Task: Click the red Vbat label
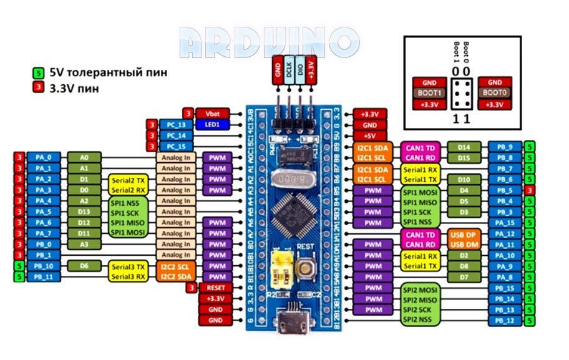(212, 114)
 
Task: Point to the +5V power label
(369, 135)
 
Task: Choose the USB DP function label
(464, 234)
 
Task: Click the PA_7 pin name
(43, 233)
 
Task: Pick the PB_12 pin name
(504, 320)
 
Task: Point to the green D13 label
(84, 212)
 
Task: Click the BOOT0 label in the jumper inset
(495, 93)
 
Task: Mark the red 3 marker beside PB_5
(530, 190)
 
